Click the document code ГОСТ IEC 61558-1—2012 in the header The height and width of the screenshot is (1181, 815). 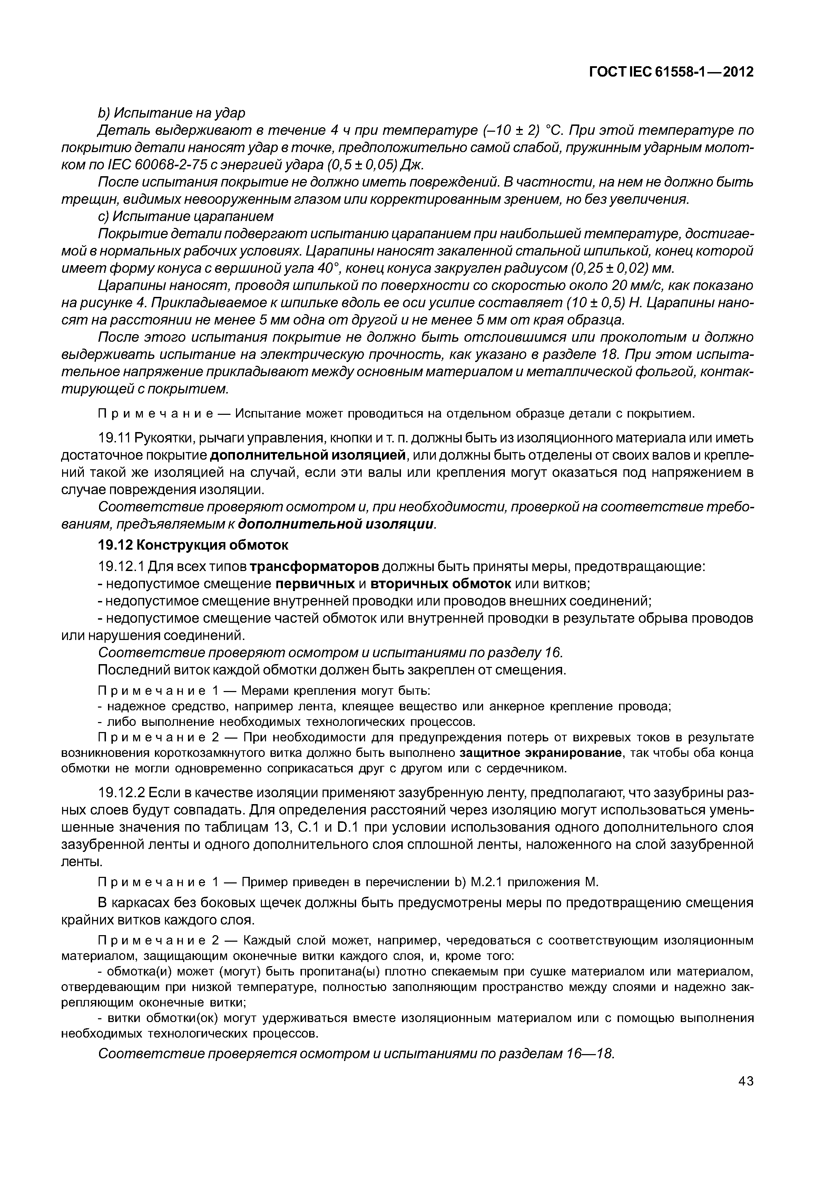coord(671,72)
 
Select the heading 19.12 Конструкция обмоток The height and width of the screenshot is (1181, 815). coord(193,545)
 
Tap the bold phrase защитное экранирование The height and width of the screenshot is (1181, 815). coord(541,753)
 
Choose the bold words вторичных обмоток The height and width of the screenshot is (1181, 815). coord(441,583)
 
